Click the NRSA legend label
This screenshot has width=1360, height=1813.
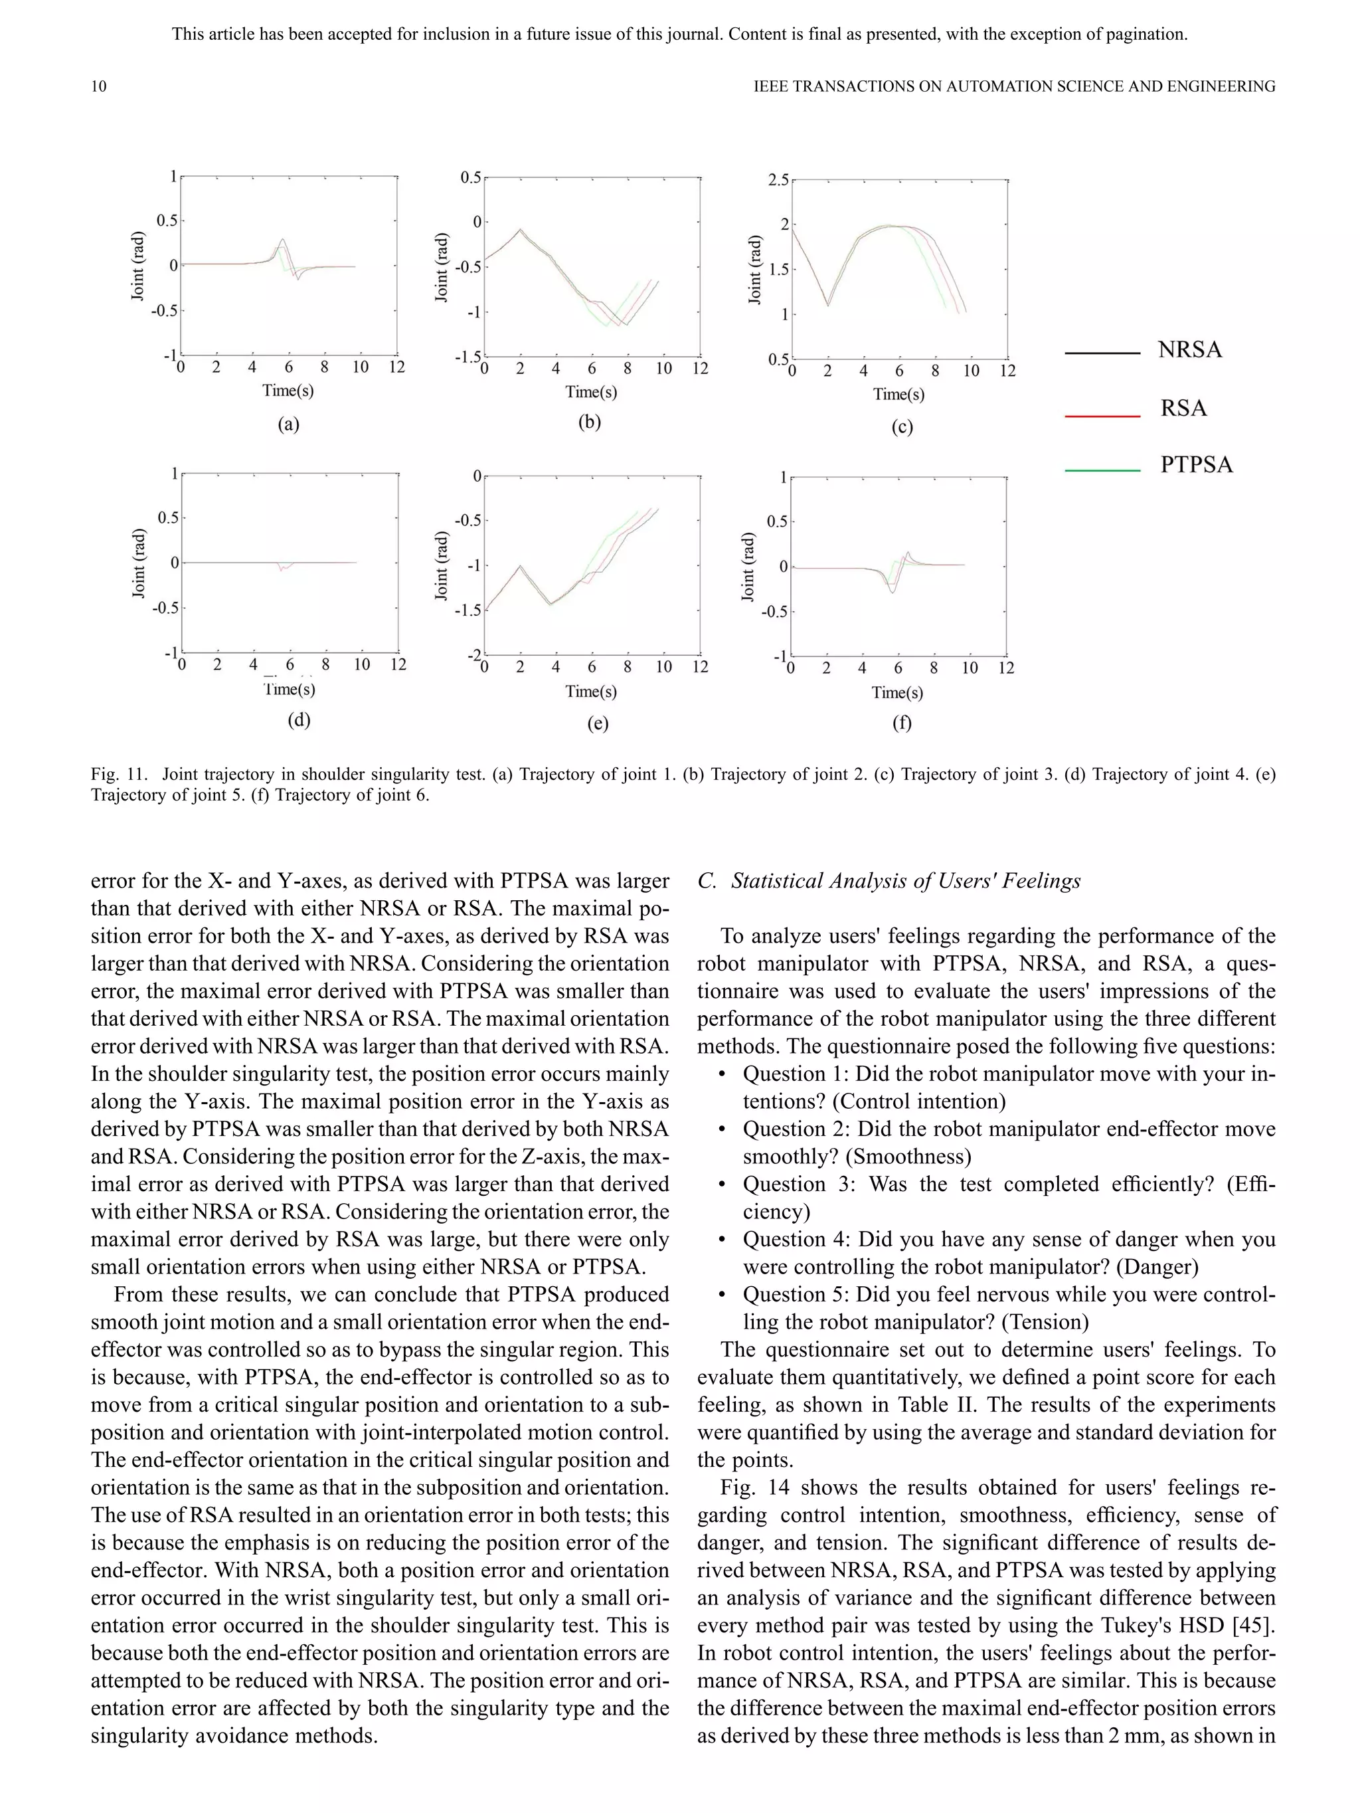pos(1189,350)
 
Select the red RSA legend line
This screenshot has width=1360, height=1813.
pos(1102,417)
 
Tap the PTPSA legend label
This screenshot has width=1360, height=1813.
pos(1196,465)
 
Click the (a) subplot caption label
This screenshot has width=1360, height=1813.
pos(288,424)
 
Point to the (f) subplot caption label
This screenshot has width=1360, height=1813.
pos(901,722)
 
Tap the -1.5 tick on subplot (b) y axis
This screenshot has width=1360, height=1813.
pos(467,358)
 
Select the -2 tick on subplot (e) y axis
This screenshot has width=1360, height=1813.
pos(473,656)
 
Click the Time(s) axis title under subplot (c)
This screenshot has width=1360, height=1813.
pos(898,394)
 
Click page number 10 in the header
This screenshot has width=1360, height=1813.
pos(98,86)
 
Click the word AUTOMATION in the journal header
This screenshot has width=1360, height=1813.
pos(1005,86)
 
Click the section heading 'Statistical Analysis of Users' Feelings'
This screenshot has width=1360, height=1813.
pos(905,880)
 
